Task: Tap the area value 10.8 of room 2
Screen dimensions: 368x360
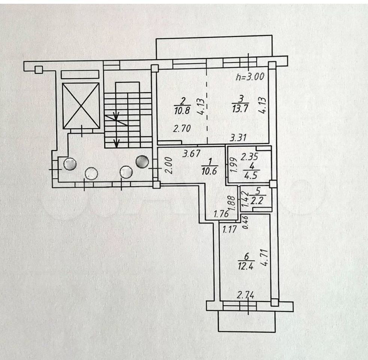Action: [x=183, y=111]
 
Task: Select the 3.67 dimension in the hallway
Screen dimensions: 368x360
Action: [x=191, y=153]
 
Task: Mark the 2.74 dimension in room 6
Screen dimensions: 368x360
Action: [x=246, y=295]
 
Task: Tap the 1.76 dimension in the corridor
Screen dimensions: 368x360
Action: [x=221, y=215]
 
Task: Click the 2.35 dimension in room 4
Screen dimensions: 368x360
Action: [x=249, y=156]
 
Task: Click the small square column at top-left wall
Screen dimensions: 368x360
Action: [x=38, y=69]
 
